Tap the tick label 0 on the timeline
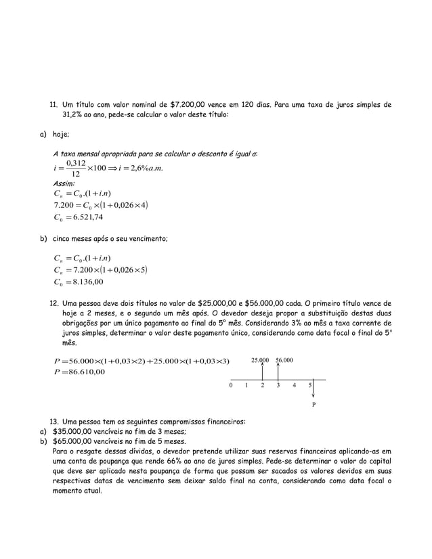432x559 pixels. (x=231, y=386)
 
